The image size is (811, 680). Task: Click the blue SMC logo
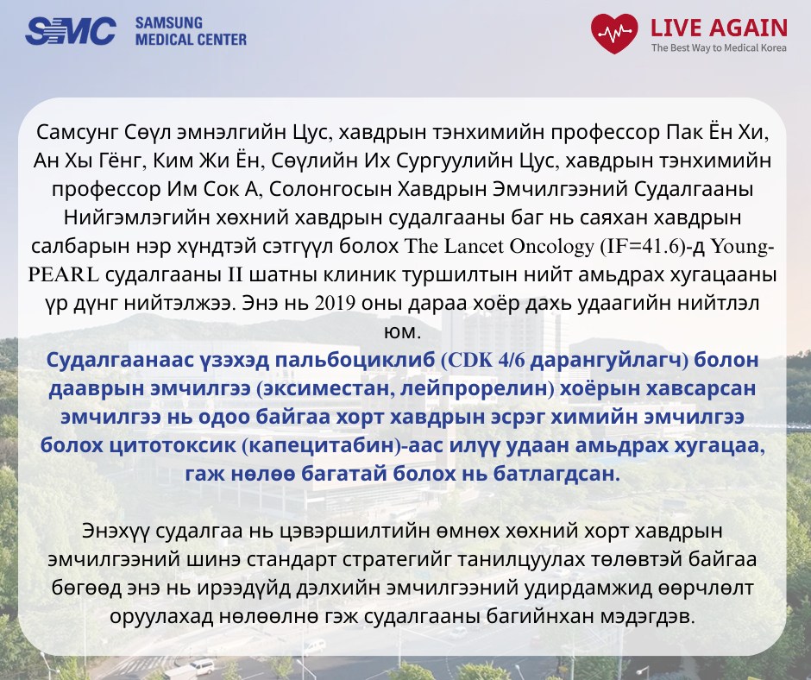pos(71,31)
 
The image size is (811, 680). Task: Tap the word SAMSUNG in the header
pos(168,23)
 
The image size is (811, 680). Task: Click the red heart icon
pos(614,34)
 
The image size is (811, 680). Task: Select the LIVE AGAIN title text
pos(719,28)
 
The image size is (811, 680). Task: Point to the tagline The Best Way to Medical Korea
pos(719,48)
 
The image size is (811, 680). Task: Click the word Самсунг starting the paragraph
pos(77,133)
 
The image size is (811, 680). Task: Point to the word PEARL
pos(63,274)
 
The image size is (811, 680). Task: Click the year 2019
pos(335,303)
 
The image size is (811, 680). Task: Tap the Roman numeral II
pos(236,274)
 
